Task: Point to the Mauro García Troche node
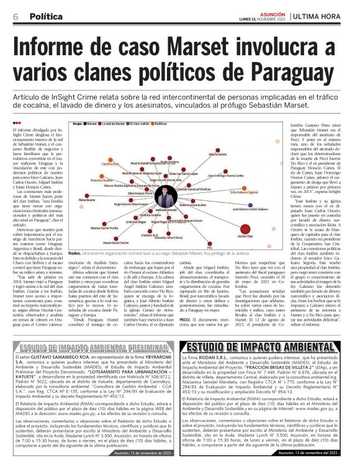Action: (115, 239)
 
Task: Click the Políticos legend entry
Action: (160, 124)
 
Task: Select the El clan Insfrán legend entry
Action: (134, 124)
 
